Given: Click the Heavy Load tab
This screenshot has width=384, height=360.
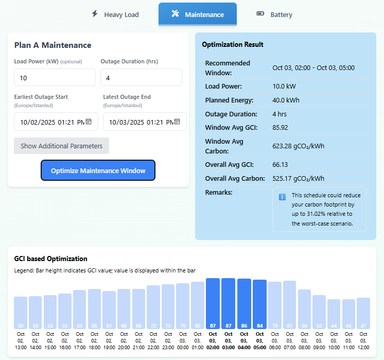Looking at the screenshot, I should [115, 14].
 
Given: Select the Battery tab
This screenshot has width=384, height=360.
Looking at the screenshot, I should [274, 14].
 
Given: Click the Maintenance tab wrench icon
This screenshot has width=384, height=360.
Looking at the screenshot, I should [175, 14].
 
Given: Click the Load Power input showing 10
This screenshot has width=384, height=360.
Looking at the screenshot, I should [55, 78].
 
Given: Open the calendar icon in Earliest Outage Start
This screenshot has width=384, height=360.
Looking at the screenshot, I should [89, 122].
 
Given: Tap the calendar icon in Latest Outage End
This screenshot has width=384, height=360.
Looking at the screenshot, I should [177, 122].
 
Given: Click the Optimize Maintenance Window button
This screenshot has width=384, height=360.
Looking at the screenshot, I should [98, 170].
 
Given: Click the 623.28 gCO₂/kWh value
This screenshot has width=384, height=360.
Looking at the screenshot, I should [298, 146].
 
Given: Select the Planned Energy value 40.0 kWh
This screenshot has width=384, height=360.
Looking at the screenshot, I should [286, 100].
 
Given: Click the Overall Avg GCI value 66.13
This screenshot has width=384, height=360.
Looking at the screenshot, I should [280, 165].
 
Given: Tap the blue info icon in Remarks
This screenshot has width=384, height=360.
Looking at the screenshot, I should [282, 197].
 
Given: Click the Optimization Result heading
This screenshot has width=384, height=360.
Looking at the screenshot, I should [233, 45].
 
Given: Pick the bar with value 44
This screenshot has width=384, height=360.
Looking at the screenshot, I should [334, 314].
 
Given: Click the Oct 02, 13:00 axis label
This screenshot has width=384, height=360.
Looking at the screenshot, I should [21, 340].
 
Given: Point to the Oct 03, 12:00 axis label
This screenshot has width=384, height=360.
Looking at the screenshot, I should [363, 340].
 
